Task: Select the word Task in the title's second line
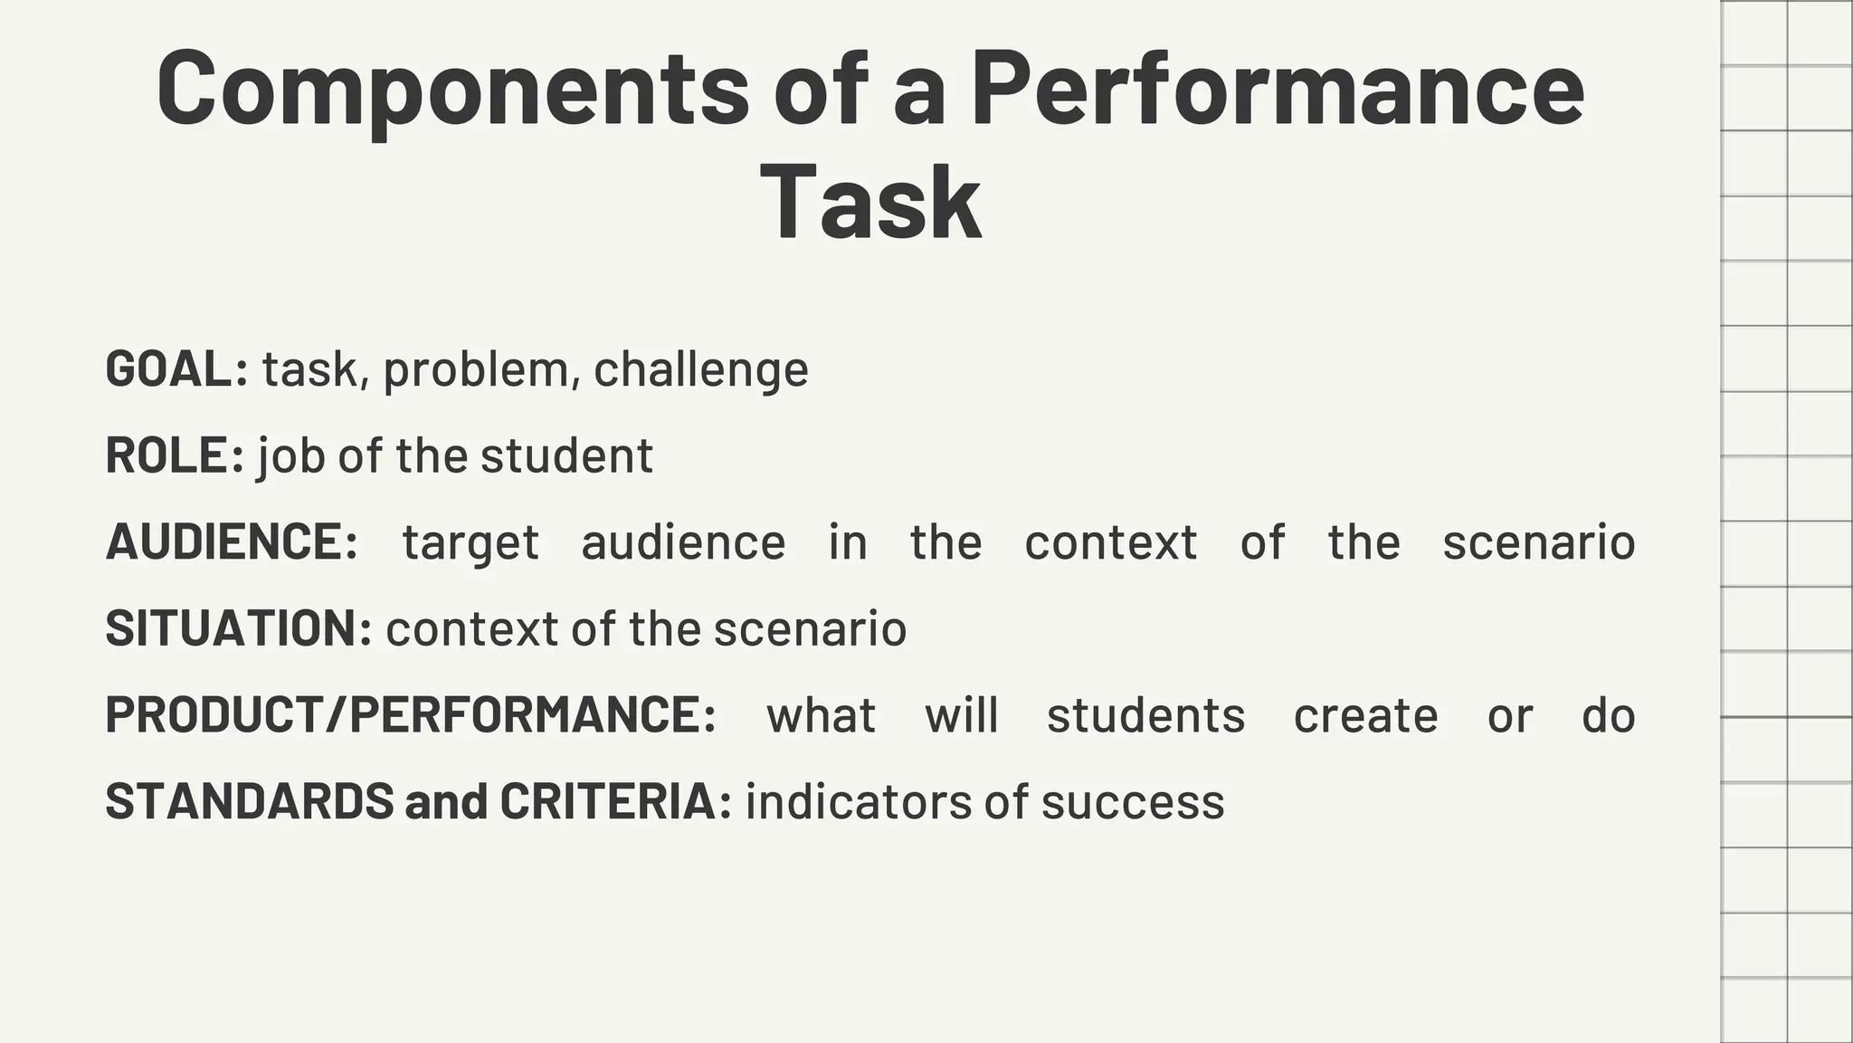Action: pyautogui.click(x=870, y=203)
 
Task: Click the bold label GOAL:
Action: pyautogui.click(x=176, y=369)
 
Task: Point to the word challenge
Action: pyautogui.click(x=701, y=369)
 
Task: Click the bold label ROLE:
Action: pyautogui.click(x=175, y=455)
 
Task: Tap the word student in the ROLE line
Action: pyautogui.click(x=566, y=455)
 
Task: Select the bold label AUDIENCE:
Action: pyautogui.click(x=232, y=542)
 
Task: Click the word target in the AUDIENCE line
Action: pyautogui.click(x=470, y=542)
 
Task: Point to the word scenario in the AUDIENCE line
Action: pyautogui.click(x=1538, y=542)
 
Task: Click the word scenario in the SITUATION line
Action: pyautogui.click(x=810, y=628)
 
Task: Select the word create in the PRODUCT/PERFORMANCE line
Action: pyautogui.click(x=1365, y=715)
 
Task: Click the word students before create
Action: pyautogui.click(x=1145, y=715)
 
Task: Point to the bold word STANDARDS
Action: pyautogui.click(x=250, y=801)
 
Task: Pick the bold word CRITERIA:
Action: pyautogui.click(x=615, y=801)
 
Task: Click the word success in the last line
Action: pyautogui.click(x=1133, y=802)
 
